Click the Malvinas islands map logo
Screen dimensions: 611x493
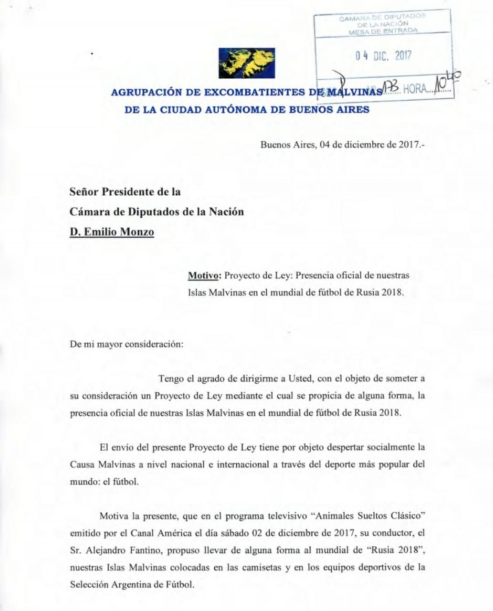(247, 63)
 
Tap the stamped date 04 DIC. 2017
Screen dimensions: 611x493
(383, 56)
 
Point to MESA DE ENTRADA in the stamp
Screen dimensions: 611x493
(383, 31)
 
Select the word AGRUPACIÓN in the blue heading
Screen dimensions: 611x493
(141, 92)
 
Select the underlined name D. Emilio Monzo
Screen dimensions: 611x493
(112, 232)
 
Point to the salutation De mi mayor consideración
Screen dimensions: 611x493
(126, 344)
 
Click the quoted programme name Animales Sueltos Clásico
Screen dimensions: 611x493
(367, 516)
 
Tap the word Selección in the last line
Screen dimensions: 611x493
(89, 584)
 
